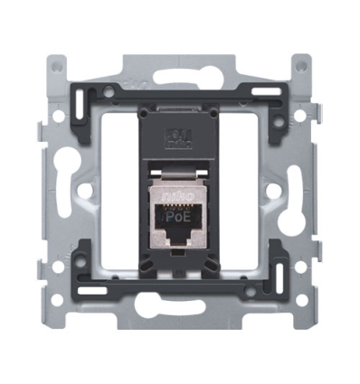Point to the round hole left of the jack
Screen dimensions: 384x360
tap(83, 192)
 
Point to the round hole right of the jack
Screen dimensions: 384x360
tap(275, 192)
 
